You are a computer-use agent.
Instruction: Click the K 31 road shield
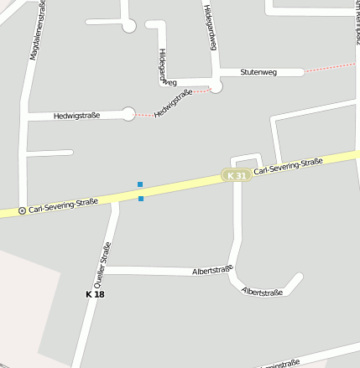click(237, 175)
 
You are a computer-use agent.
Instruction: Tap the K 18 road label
click(95, 294)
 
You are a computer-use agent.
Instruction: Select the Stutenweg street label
click(258, 73)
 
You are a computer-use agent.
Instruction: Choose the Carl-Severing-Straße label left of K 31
click(63, 205)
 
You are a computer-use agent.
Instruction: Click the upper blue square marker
click(140, 184)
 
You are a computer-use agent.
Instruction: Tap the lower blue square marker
click(141, 199)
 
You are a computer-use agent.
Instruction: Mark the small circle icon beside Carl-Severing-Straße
click(22, 210)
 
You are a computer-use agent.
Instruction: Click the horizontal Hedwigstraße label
click(76, 116)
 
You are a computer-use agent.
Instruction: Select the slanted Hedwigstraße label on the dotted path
click(174, 102)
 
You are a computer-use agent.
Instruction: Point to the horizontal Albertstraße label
click(212, 271)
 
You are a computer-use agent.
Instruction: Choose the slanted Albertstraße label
click(261, 292)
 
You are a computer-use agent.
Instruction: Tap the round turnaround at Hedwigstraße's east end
click(128, 114)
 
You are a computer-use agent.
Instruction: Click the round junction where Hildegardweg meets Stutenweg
click(216, 86)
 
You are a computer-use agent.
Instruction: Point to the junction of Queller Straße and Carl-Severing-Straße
click(115, 201)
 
